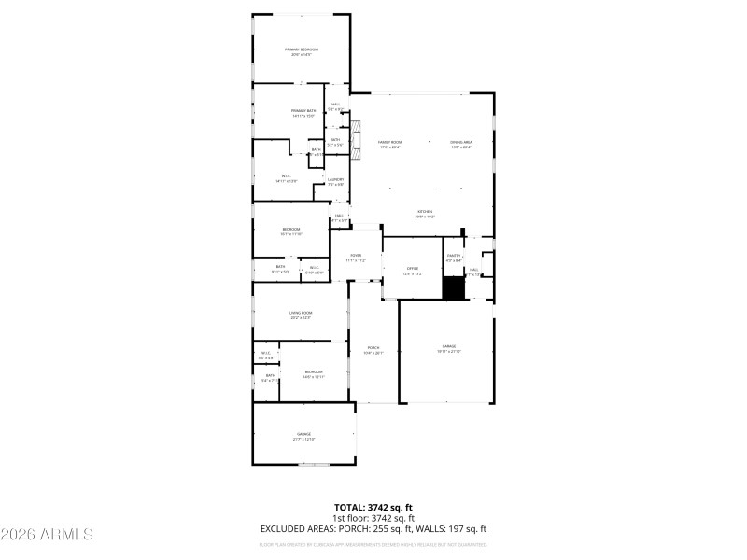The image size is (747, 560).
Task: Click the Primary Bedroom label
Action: point(301,49)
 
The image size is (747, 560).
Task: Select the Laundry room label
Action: point(335,179)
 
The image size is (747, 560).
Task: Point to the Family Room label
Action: point(389,142)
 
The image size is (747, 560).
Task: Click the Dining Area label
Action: point(461,142)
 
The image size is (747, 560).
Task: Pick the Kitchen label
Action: point(425,212)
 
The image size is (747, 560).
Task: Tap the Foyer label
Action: point(356,255)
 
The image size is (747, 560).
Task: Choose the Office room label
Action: point(413,268)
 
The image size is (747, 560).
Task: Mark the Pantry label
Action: point(454,255)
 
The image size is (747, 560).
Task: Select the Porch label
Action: point(373,348)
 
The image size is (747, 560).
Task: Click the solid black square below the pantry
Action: point(453,289)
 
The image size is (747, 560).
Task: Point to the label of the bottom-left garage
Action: point(303,435)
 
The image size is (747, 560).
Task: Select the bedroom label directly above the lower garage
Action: point(313,371)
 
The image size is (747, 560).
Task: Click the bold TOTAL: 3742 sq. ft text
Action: point(373,508)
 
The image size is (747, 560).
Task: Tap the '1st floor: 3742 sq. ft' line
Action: point(373,518)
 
